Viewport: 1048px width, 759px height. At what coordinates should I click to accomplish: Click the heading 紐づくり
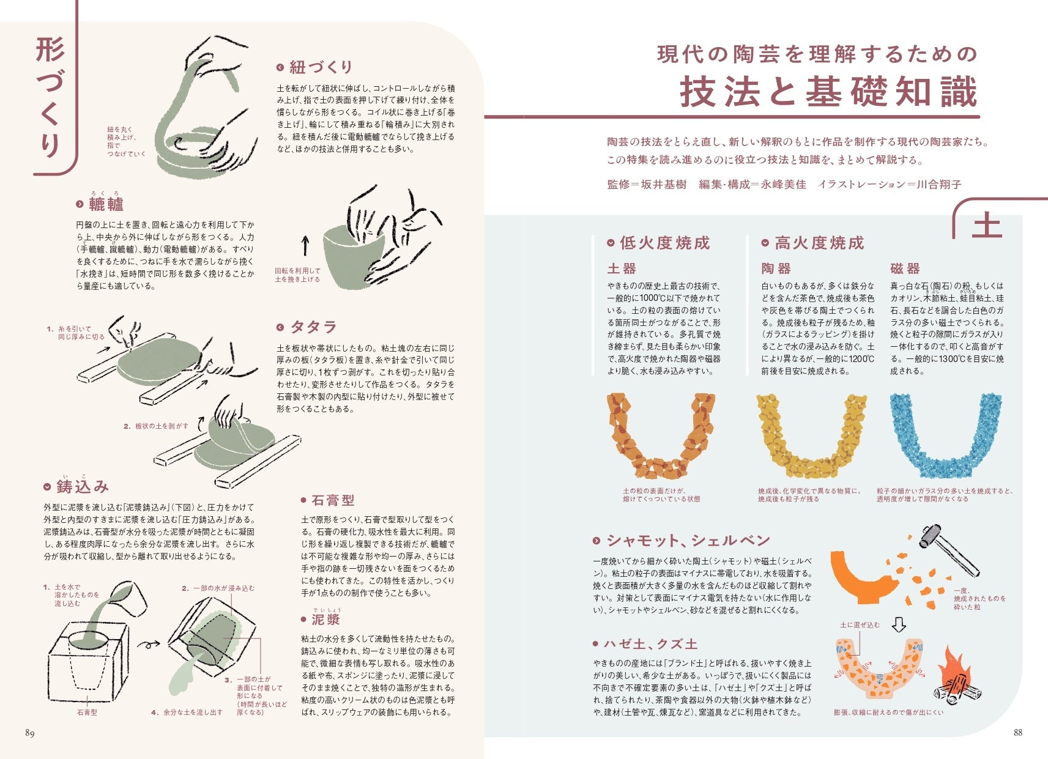(x=321, y=67)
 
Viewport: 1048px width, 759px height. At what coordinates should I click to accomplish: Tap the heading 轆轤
(x=106, y=204)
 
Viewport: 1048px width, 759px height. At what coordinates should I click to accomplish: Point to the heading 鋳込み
(x=83, y=486)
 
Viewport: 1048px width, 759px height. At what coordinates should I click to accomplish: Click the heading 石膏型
(x=333, y=500)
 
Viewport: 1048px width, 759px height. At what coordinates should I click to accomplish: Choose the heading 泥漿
(x=325, y=619)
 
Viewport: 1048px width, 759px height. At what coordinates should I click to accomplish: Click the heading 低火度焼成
(x=665, y=243)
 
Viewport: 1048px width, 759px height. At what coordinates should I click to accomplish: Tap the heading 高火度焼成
(x=819, y=243)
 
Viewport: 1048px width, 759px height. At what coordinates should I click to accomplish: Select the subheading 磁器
(x=905, y=268)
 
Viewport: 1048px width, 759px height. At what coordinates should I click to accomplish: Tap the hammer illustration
(x=948, y=549)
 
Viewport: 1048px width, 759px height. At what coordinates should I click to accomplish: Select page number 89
(x=30, y=733)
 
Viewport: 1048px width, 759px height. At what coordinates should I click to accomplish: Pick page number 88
(x=1018, y=732)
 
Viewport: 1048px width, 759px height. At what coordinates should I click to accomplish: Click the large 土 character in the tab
(x=987, y=225)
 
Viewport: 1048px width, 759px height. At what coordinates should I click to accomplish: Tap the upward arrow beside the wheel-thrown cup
(x=305, y=245)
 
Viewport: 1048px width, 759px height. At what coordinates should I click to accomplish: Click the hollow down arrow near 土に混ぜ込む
(x=899, y=624)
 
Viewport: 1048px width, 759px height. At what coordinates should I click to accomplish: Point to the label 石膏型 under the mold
(x=87, y=713)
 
